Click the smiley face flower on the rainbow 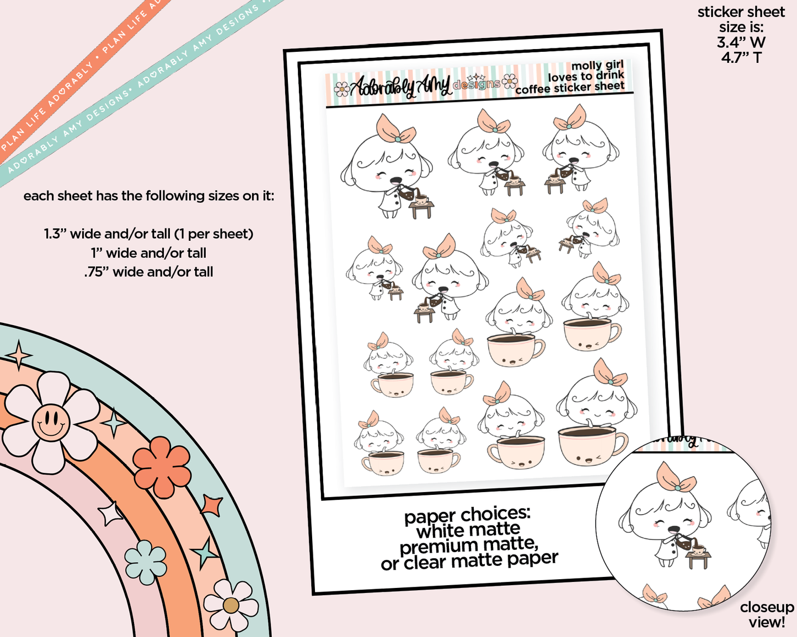[x=51, y=423]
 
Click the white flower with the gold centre [x=231, y=605]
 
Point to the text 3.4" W [x=741, y=42]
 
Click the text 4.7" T [x=741, y=57]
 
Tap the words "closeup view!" [x=767, y=614]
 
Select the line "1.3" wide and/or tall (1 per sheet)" [x=148, y=234]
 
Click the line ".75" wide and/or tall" [x=148, y=272]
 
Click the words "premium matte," [x=469, y=545]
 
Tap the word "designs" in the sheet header [x=477, y=84]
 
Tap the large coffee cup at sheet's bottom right [x=592, y=446]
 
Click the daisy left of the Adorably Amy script [x=342, y=89]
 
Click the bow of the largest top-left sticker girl [x=395, y=129]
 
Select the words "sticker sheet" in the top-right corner [x=741, y=12]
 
